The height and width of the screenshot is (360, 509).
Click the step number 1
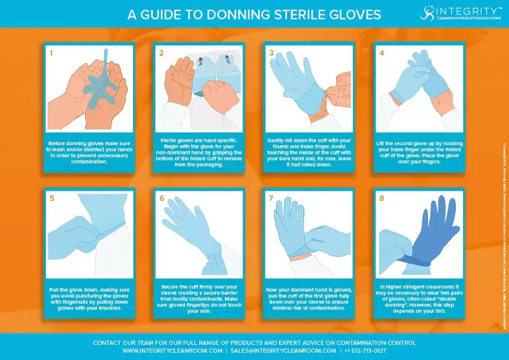[51, 53]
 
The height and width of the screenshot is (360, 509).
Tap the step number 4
[381, 53]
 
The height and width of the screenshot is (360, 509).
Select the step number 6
[161, 198]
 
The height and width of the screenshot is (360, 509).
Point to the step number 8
[381, 198]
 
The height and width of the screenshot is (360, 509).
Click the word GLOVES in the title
[353, 14]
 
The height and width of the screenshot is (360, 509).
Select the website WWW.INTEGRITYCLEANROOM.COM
[172, 351]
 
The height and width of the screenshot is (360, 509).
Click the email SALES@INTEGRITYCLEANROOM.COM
[283, 351]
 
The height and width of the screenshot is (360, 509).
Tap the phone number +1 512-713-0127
[365, 351]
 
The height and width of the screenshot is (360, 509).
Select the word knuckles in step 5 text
[103, 308]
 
